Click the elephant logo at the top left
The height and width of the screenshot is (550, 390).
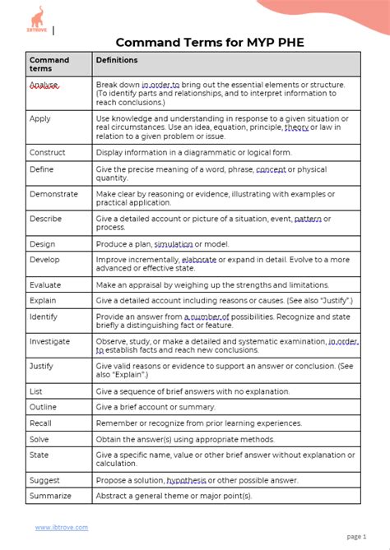[38, 19]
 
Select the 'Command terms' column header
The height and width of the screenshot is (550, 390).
[49, 64]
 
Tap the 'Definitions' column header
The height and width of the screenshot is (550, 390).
[117, 60]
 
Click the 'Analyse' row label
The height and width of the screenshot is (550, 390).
[43, 85]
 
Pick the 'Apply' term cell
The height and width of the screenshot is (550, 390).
[40, 118]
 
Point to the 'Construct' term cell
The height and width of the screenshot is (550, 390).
[48, 152]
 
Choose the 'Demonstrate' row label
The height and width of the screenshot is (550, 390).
[53, 194]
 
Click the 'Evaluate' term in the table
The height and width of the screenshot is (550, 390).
[46, 284]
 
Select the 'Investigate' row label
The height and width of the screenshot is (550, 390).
[49, 341]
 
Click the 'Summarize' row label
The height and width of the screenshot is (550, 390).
[50, 496]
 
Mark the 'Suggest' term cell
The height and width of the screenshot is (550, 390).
[45, 479]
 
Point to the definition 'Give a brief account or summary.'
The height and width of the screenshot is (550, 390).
[156, 407]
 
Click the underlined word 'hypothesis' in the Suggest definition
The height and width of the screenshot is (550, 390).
[188, 479]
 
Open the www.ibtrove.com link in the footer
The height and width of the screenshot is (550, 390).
[61, 527]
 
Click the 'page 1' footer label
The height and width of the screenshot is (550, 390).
[356, 536]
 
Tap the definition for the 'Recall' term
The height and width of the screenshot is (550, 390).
[199, 423]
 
